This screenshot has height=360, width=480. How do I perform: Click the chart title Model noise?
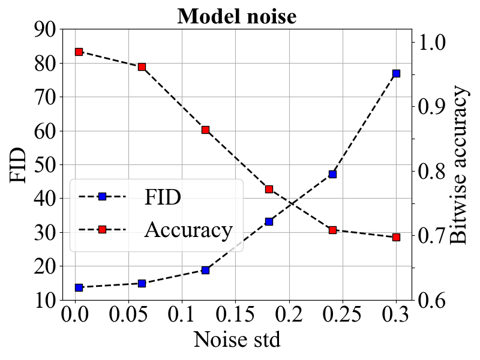pos(236,16)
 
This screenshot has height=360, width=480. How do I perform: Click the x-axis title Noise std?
pos(236,340)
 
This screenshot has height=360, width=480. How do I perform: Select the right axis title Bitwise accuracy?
pos(458,164)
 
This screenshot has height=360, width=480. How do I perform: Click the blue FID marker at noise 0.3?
pos(396,73)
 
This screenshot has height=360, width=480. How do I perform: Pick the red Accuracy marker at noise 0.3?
pos(396,238)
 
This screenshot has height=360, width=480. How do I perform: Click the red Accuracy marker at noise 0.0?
pos(79,52)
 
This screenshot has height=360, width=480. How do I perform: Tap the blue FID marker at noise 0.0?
pos(79,287)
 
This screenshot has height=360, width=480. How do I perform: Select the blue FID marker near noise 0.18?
pos(269,221)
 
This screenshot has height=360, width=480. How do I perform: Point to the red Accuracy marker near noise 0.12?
pos(205,130)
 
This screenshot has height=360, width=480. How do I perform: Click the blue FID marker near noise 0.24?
pos(332,174)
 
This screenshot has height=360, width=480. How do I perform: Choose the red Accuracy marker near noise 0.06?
pos(142,67)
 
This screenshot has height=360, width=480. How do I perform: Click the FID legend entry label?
pos(162,197)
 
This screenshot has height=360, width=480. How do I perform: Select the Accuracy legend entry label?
pos(188,230)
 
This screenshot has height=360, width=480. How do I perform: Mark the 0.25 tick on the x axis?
pos(343,315)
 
